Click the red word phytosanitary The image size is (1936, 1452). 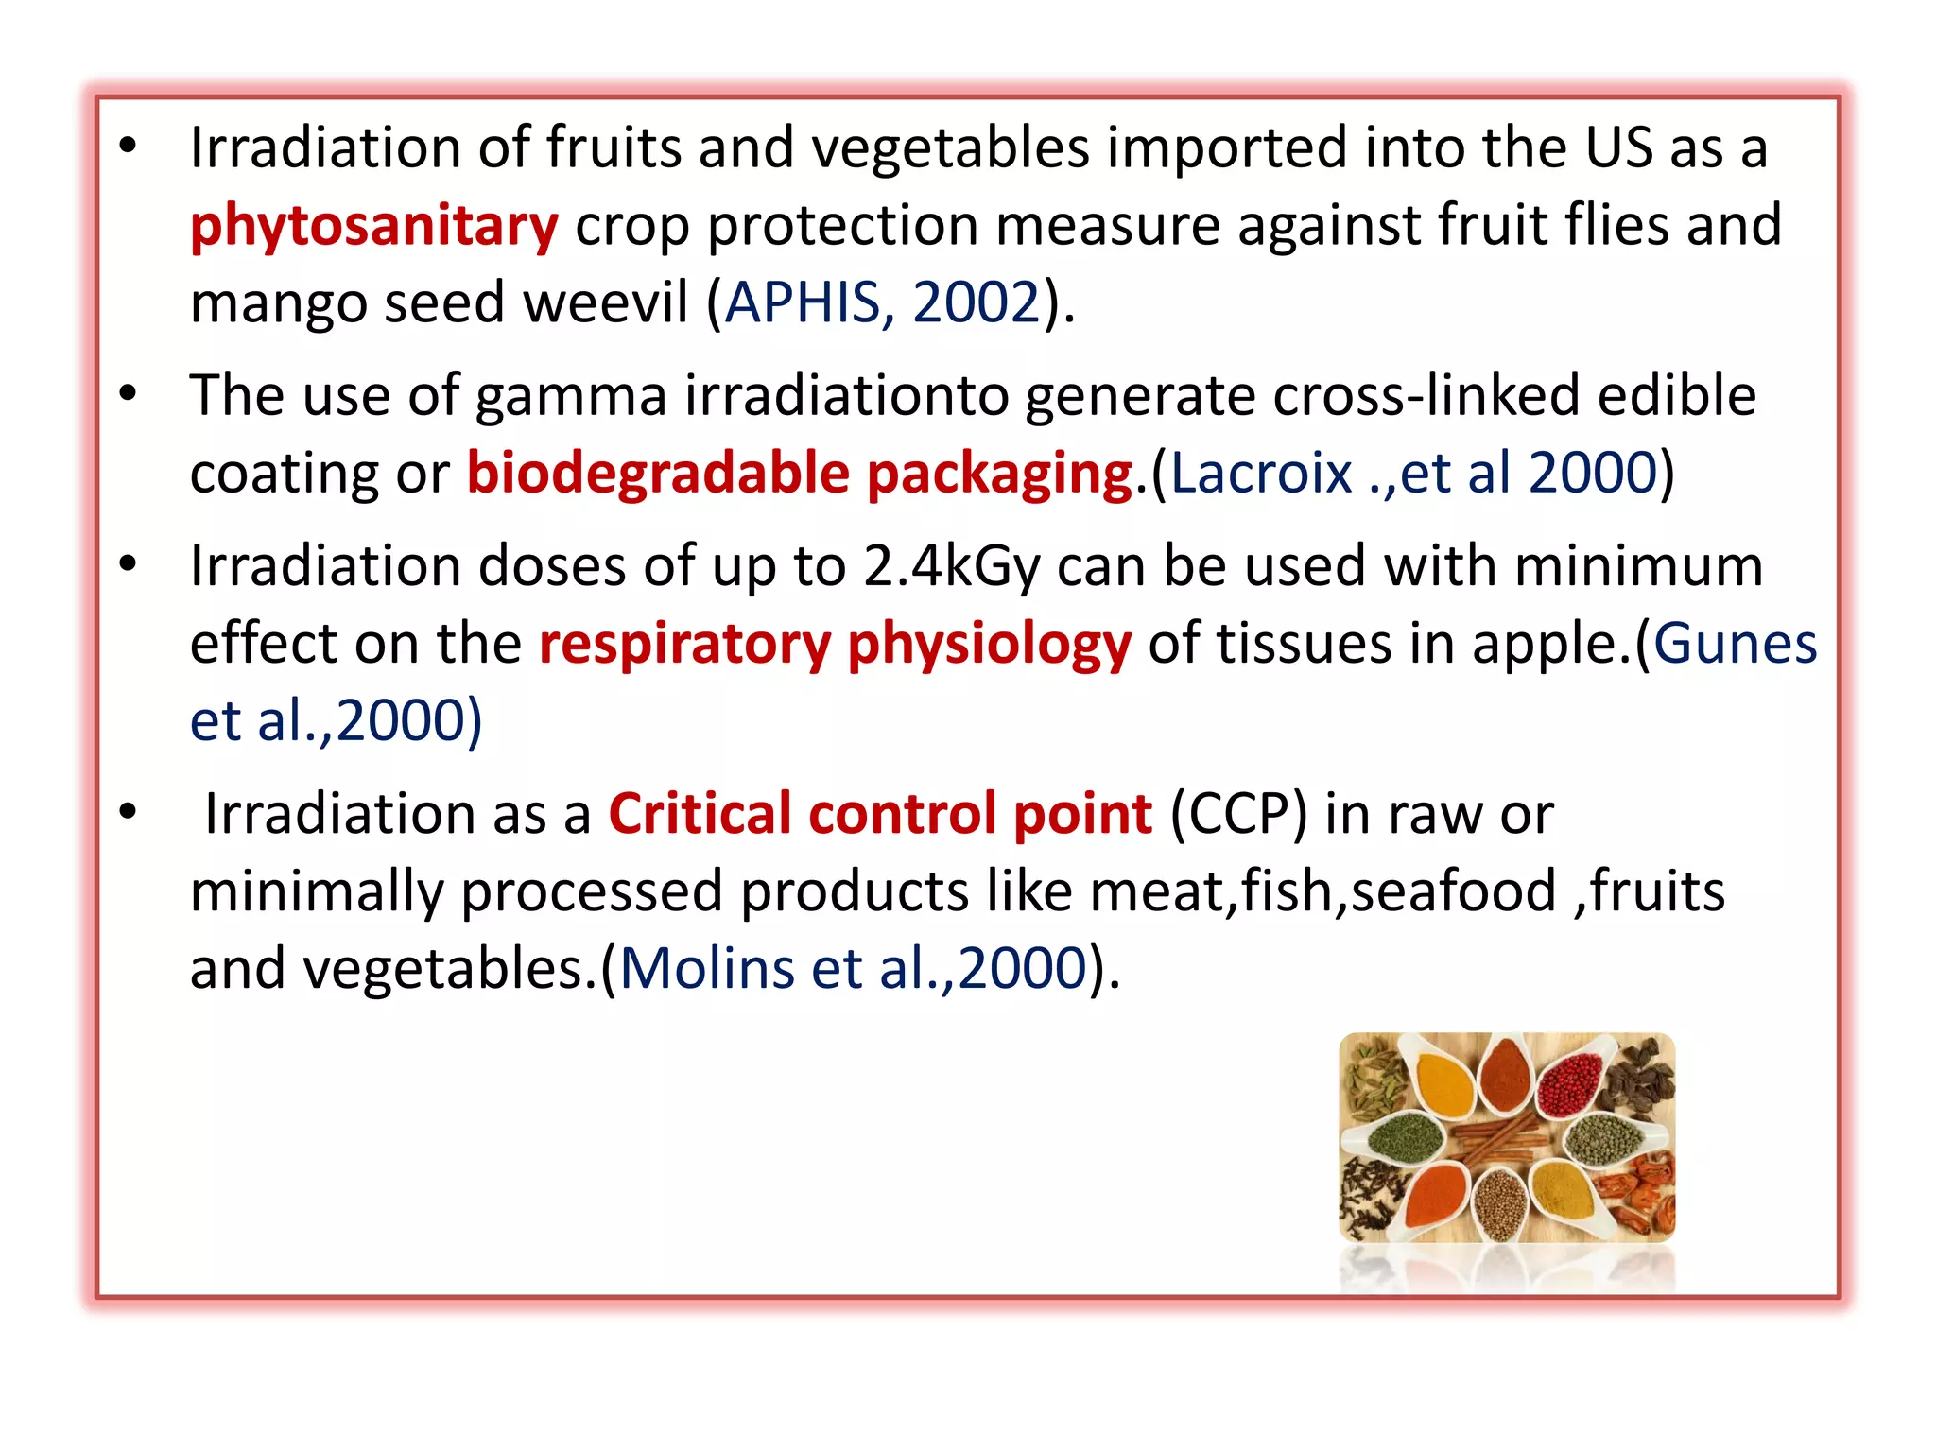tap(373, 227)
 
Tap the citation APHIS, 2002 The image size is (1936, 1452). tap(882, 303)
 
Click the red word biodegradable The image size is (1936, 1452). tap(658, 473)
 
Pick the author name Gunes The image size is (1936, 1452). tap(1735, 644)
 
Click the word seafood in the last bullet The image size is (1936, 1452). tap(1453, 891)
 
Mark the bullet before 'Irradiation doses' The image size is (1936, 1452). tap(129, 564)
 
